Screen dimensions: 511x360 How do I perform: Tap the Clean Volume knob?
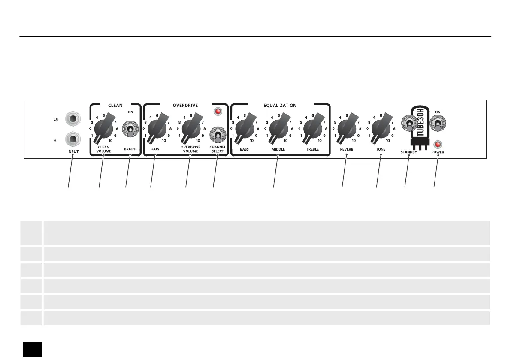point(103,127)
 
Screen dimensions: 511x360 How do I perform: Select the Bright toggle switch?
point(129,129)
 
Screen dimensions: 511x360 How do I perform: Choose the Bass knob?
point(244,127)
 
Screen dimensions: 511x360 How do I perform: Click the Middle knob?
point(278,127)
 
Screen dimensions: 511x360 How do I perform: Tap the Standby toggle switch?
point(409,124)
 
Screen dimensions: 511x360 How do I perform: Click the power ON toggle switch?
point(438,124)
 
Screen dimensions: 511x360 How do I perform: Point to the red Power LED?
point(438,144)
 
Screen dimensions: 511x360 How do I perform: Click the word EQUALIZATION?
point(280,105)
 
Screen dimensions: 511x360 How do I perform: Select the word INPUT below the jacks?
point(73,152)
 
